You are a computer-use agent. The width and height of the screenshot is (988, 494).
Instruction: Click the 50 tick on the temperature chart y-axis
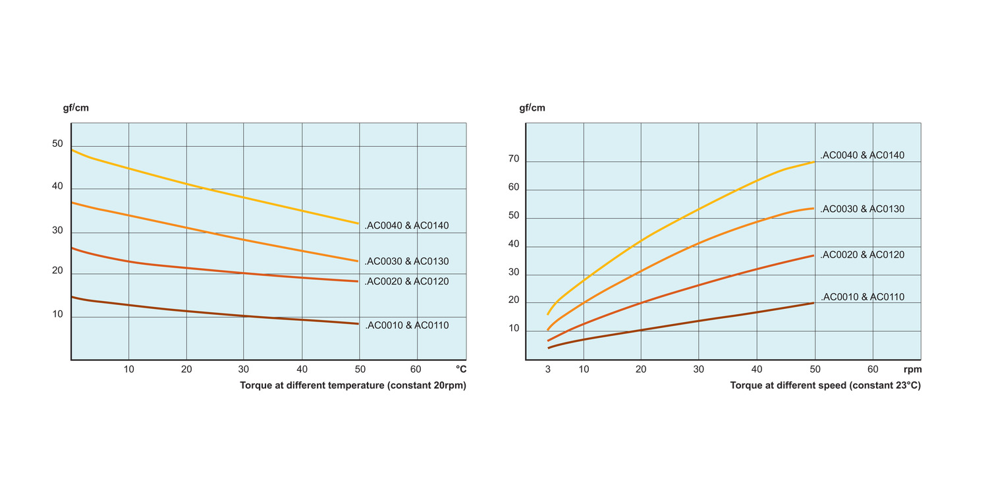coord(57,144)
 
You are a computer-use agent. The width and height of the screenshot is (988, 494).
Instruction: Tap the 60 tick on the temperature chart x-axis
coord(416,370)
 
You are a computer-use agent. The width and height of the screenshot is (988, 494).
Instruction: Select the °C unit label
coord(461,370)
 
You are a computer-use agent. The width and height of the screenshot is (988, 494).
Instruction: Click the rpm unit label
coord(912,370)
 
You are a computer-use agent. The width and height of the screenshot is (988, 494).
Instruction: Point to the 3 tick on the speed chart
coord(548,370)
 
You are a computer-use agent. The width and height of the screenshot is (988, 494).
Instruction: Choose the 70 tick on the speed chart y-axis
coord(514,159)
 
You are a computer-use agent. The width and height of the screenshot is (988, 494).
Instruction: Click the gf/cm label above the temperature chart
coord(76,108)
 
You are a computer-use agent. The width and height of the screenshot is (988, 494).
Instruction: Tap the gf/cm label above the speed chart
coord(532,108)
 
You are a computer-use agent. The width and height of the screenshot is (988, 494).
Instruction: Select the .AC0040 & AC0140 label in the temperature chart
coord(406,226)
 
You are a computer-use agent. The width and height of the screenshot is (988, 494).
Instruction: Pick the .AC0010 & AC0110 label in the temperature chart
coord(406,325)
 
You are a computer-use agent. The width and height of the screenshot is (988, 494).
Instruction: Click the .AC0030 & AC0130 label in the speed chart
coord(862,209)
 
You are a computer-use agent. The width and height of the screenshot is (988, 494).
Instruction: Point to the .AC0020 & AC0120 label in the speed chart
coord(862,255)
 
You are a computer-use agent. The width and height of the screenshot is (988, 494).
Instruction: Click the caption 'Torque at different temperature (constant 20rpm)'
coord(353,386)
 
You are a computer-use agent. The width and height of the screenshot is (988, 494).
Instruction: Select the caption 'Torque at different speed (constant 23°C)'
coord(825,386)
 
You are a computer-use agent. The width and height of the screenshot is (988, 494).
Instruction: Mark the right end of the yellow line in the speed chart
coord(815,161)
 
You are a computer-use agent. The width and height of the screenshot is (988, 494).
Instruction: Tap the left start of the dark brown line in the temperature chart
coord(72,297)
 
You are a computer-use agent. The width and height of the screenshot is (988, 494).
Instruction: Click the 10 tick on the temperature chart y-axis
coord(57,314)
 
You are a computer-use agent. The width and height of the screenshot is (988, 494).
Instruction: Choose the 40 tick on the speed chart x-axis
coord(757,370)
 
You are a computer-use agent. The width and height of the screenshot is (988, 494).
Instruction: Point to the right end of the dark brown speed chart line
coord(814,303)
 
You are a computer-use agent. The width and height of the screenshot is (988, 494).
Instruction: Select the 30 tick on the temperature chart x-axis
coord(244,370)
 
